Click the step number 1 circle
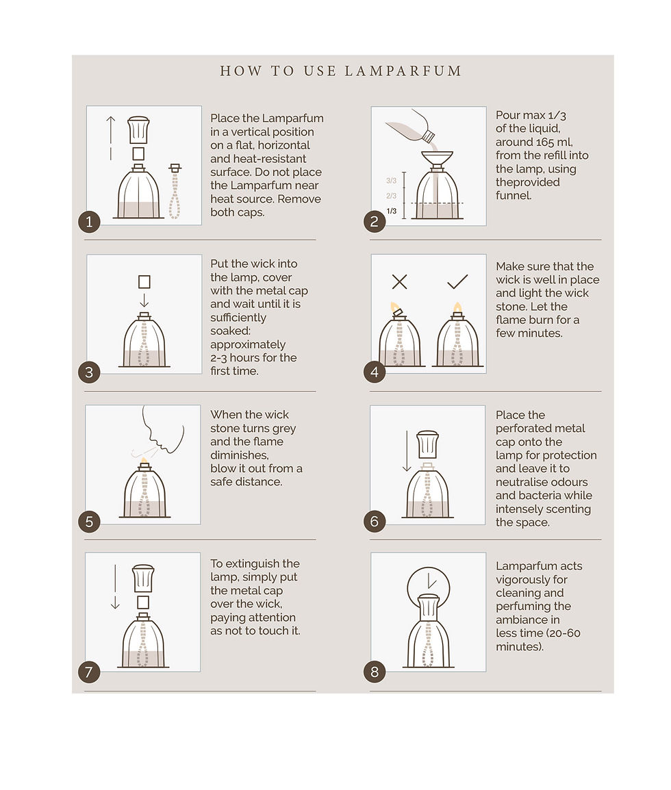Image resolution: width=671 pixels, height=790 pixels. pos(89,222)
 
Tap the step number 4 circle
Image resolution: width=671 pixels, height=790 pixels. pos(375,372)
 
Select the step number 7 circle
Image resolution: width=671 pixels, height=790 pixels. pos(89,672)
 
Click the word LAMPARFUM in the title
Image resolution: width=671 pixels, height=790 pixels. pos(403,71)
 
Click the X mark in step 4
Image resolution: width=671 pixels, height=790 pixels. pos(399,281)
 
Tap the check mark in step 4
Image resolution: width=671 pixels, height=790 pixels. pos(457,281)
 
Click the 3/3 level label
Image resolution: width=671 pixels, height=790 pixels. pos(392,180)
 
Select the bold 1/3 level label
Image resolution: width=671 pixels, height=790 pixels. pos(392,211)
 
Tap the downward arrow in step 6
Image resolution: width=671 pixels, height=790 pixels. pos(407,451)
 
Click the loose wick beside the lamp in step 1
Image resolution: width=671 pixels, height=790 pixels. pos(175,192)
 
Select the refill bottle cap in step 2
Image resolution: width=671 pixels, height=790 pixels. pos(428,136)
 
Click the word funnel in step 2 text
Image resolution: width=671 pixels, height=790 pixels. pos(514,196)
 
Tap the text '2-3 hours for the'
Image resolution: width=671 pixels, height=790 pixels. pos(253,358)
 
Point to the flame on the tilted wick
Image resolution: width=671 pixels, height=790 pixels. pos(394,307)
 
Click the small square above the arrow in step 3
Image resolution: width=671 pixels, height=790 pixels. pos(144,281)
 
